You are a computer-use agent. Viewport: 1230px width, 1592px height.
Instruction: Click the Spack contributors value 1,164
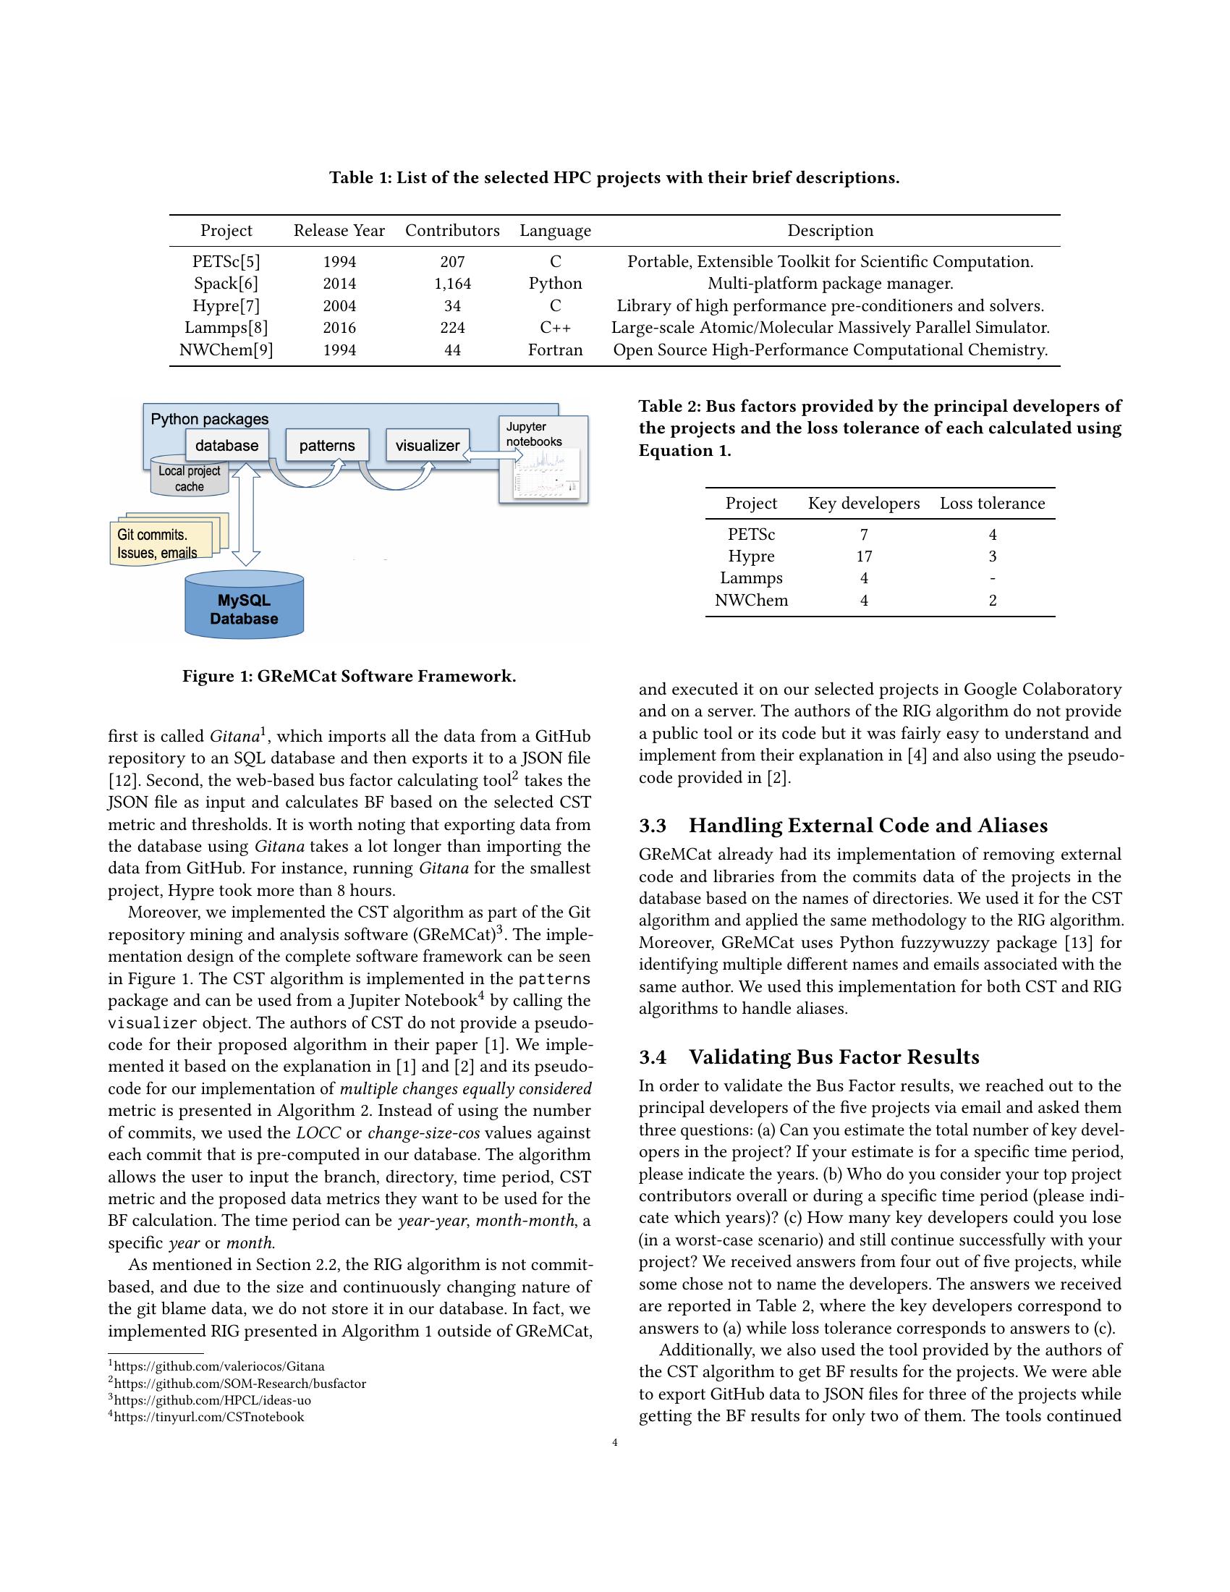[x=451, y=284]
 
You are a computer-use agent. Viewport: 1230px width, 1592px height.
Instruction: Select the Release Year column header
[x=339, y=230]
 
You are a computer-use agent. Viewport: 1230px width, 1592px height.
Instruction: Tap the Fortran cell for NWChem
[x=555, y=350]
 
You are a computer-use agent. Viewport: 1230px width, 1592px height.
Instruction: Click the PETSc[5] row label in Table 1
[x=226, y=262]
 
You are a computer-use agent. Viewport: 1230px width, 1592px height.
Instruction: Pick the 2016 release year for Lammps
[x=339, y=328]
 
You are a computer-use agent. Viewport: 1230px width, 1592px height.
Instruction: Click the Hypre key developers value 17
[x=863, y=556]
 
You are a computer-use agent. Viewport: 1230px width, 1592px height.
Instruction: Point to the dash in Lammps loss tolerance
[x=992, y=578]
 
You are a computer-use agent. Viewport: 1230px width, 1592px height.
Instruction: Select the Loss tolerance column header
[x=992, y=503]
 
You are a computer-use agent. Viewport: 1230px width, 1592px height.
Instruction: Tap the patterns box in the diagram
[x=326, y=445]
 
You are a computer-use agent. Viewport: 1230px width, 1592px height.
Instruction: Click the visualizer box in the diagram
[x=428, y=445]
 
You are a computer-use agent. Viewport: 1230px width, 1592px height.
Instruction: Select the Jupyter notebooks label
[x=534, y=433]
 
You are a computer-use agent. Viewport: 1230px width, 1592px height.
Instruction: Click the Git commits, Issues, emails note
[x=158, y=543]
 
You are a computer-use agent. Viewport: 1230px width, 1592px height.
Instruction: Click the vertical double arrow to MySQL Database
[x=245, y=516]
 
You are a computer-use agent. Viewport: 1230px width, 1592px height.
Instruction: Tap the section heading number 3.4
[x=653, y=1057]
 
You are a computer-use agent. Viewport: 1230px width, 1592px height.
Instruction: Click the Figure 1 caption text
[x=349, y=676]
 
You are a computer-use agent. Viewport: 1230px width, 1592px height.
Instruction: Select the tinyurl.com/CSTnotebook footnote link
[x=208, y=1416]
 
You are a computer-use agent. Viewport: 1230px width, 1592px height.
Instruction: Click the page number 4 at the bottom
[x=615, y=1441]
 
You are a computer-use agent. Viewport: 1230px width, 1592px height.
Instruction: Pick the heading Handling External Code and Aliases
[x=868, y=825]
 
